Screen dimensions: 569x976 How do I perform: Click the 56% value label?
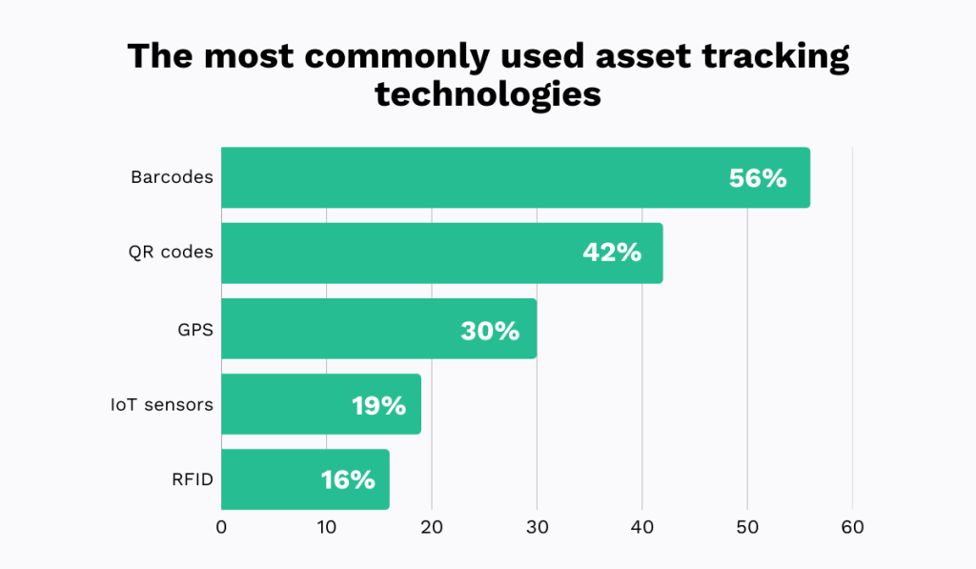pyautogui.click(x=758, y=178)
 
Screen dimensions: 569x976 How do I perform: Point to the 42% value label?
pyautogui.click(x=612, y=254)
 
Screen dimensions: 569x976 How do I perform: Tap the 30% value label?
pyautogui.click(x=490, y=330)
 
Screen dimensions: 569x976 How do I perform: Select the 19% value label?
pyautogui.click(x=378, y=405)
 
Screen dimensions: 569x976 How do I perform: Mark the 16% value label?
pyautogui.click(x=348, y=480)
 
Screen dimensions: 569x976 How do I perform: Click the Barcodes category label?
pyautogui.click(x=172, y=177)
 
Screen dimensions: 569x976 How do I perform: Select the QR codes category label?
pyautogui.click(x=171, y=253)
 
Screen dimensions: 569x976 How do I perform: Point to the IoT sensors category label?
pyautogui.click(x=161, y=404)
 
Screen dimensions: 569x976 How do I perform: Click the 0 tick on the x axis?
pyautogui.click(x=221, y=528)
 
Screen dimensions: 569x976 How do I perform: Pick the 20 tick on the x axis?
pyautogui.click(x=432, y=528)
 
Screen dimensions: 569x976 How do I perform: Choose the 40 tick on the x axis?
pyautogui.click(x=642, y=528)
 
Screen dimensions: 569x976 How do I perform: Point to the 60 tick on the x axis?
pyautogui.click(x=852, y=528)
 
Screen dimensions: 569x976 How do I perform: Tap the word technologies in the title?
pyautogui.click(x=488, y=95)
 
